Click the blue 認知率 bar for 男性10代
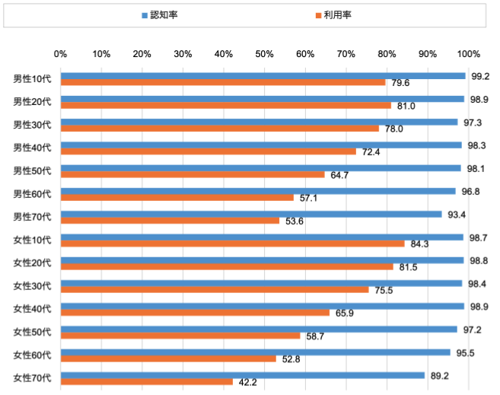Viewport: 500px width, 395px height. tap(263, 75)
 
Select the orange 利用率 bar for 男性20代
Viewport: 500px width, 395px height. tap(225, 106)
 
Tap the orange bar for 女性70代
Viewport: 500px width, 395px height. tap(146, 382)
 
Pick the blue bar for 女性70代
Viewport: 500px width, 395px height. tap(242, 375)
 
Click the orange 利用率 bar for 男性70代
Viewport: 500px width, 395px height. tap(170, 221)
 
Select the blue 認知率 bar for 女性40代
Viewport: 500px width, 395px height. tap(262, 306)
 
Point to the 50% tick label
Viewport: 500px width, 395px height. tap(264, 54)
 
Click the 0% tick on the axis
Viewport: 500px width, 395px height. tap(61, 54)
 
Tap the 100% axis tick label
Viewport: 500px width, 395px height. tap(469, 54)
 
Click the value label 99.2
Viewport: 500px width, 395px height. tap(480, 76)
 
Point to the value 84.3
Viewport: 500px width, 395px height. tap(419, 244)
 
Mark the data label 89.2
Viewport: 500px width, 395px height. tap(439, 375)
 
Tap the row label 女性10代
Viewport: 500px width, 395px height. tap(32, 241)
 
